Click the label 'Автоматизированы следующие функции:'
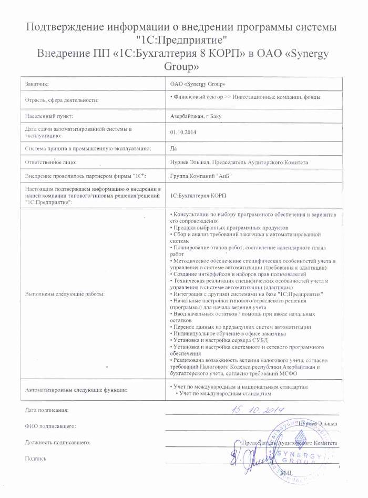click(77, 390)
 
